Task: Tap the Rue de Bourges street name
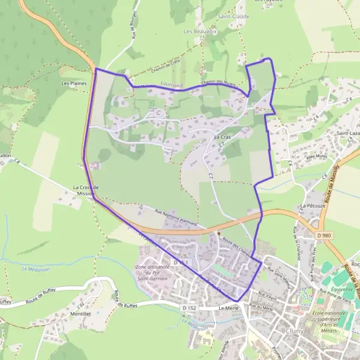pos(133,24)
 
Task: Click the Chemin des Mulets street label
pos(217,82)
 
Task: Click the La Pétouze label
pos(311,206)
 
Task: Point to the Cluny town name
pos(295,331)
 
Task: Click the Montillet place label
pos(80,314)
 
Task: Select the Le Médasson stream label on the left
pos(35,269)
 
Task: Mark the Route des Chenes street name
pos(235,246)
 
